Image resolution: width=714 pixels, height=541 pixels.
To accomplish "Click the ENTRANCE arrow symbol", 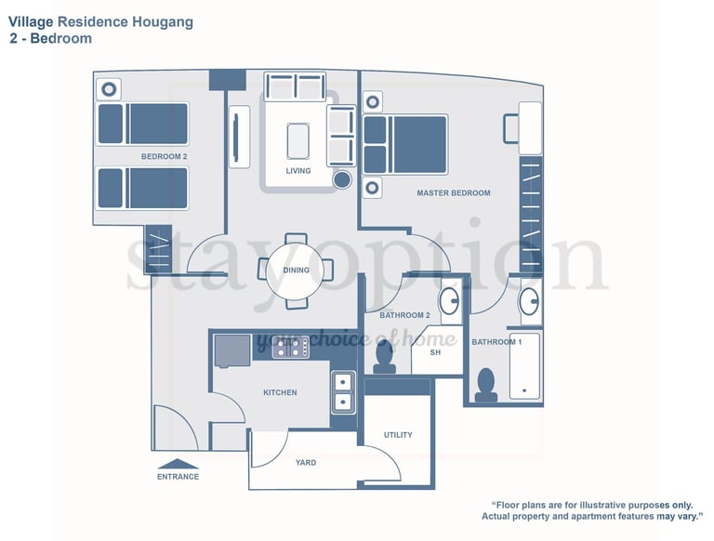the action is (178, 463).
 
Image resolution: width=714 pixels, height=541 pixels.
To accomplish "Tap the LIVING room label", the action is (298, 171).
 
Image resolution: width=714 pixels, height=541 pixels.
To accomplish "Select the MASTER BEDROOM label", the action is (454, 193).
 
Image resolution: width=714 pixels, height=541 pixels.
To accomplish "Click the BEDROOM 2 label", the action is (165, 157).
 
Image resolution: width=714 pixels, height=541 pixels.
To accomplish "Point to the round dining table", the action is (296, 270).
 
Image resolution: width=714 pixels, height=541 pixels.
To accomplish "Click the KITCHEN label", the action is (280, 392).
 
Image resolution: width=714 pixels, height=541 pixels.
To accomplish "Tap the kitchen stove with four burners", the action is (291, 347).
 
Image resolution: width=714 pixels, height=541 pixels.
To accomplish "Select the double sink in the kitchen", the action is (343, 391).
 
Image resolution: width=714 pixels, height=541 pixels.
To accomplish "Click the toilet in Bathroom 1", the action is (485, 385).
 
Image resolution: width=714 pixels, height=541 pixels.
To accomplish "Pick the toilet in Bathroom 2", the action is (384, 354).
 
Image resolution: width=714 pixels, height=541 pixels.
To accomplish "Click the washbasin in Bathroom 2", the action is (449, 301).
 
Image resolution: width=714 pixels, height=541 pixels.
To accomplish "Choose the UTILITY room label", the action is (398, 435).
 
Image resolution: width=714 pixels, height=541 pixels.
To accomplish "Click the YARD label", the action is (306, 462).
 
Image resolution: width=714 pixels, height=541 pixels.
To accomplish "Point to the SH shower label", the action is (434, 353).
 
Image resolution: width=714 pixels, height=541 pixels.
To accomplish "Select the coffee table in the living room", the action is (298, 141).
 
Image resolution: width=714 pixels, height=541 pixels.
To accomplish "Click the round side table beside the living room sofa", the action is (342, 178).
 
